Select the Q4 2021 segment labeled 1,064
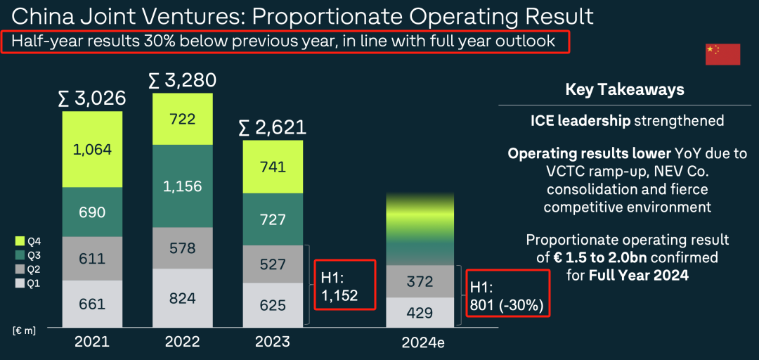(92, 149)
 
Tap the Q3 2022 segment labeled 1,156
(182, 186)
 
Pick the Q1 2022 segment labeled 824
(182, 298)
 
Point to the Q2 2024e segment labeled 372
(420, 281)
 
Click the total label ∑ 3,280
(182, 80)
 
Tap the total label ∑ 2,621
(272, 127)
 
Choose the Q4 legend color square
(19, 240)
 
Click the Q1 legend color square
(19, 283)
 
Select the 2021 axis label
(92, 342)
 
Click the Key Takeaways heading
(624, 90)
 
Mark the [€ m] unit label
(25, 330)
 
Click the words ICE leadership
(580, 121)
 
